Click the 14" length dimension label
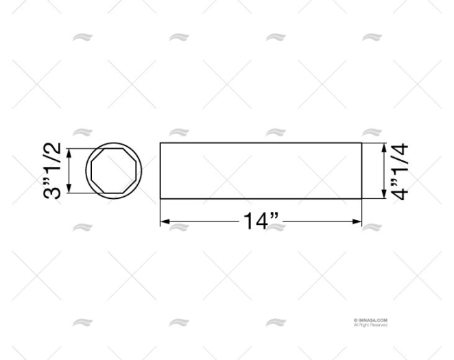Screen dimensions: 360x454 [x=260, y=221]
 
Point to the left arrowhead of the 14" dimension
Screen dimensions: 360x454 [x=164, y=221]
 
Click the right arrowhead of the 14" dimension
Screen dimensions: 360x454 [x=357, y=221]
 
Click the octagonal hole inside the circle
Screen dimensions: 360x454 [x=115, y=171]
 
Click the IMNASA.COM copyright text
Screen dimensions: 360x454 [x=370, y=320]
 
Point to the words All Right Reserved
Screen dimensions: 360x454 [x=370, y=325]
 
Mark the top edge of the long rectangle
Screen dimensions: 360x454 [x=261, y=143]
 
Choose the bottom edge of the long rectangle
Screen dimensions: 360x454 [x=261, y=199]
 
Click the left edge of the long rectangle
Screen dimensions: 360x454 [x=160, y=171]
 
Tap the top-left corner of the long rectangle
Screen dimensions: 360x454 [x=160, y=143]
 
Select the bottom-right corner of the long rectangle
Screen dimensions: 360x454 [x=361, y=199]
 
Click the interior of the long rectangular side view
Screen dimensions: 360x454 [x=261, y=171]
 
